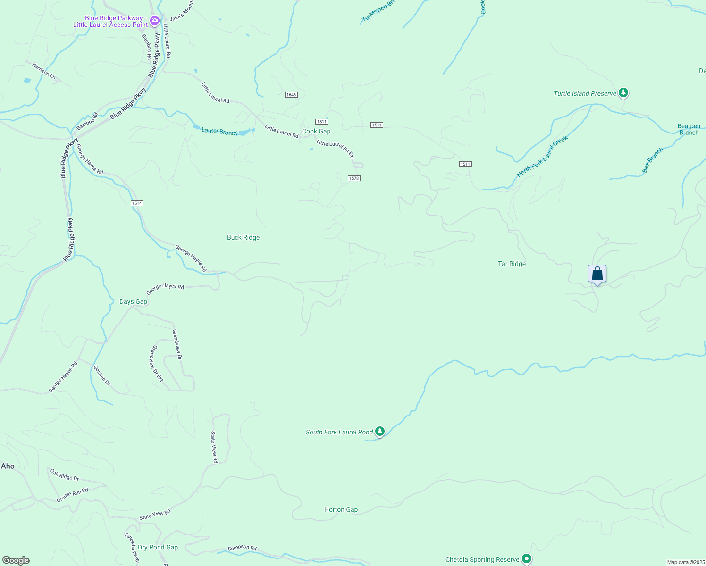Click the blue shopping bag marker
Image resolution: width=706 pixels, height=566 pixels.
coord(597,274)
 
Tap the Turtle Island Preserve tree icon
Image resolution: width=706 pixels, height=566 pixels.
coord(623,92)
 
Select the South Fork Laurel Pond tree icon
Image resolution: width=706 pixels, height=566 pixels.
coord(380,431)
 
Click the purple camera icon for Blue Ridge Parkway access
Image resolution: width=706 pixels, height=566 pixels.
coord(154,21)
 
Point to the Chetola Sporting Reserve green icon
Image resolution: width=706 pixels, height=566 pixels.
coord(527,559)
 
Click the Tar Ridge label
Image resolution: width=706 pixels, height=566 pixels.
coord(512,264)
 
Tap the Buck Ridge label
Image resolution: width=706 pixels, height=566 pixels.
coord(243,237)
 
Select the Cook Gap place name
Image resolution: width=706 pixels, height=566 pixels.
coord(316,131)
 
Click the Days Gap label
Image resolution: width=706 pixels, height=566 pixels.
coord(133,301)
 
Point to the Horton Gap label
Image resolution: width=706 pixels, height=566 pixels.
coord(341,509)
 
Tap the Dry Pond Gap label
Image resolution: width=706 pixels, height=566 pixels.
coord(158,547)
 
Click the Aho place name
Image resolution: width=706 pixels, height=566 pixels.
coord(8,466)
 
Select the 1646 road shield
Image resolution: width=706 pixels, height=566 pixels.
coord(291,95)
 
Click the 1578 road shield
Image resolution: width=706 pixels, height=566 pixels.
coord(354,178)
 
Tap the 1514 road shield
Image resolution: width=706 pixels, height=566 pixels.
coord(137,203)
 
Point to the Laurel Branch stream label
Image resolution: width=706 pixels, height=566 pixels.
coord(220,131)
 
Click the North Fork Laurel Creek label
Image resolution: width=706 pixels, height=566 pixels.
coord(542,157)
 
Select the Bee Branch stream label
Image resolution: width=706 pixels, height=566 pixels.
coord(653,160)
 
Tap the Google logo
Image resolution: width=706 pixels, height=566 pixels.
coord(16,560)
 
